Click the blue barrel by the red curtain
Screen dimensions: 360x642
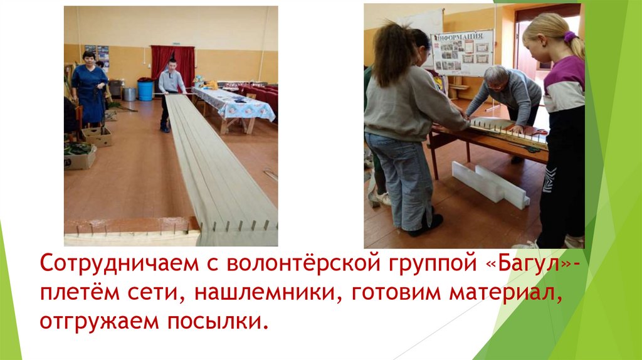tap(145, 90)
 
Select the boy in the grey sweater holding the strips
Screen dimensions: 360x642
tap(170, 91)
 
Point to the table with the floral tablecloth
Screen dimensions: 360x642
tap(233, 104)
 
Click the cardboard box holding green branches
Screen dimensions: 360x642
tap(80, 156)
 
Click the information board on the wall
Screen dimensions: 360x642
tap(463, 53)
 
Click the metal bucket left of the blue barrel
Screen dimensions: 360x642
tap(129, 94)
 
